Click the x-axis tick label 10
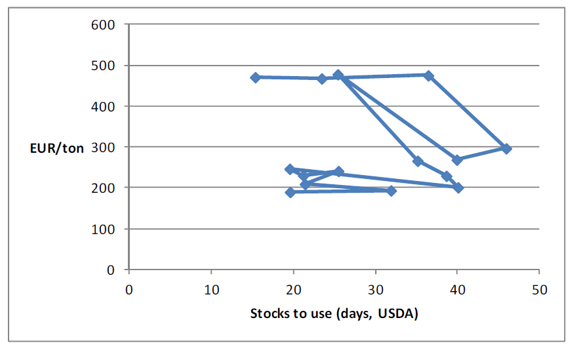(x=211, y=289)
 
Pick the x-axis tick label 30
(x=376, y=289)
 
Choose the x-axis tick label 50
(x=539, y=289)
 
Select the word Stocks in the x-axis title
(x=268, y=313)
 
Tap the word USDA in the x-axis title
(x=399, y=313)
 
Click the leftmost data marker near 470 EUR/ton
(x=255, y=77)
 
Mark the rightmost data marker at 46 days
(x=506, y=149)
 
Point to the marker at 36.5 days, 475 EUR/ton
(x=429, y=75)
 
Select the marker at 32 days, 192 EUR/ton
(x=391, y=191)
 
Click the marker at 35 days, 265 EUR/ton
(x=417, y=161)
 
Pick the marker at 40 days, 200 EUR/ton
(x=458, y=188)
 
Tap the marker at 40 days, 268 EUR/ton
(x=457, y=160)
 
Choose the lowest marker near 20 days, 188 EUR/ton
(x=290, y=192)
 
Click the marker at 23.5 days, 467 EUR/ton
(x=322, y=79)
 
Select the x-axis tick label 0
(x=129, y=289)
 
